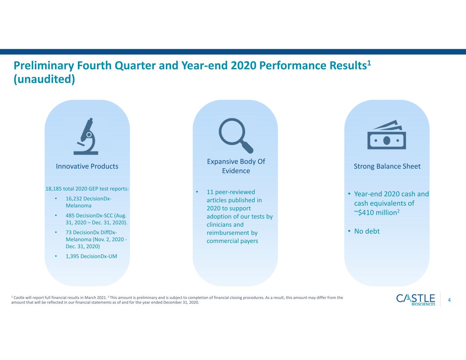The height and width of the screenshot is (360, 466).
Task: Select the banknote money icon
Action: pyautogui.click(x=387, y=134)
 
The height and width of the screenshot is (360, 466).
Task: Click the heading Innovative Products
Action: pyautogui.click(x=87, y=166)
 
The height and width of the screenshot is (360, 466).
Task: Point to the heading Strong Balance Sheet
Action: pyautogui.click(x=387, y=166)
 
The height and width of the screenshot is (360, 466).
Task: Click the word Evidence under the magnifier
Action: pyautogui.click(x=236, y=171)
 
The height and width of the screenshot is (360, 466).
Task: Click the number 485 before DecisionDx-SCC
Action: pyautogui.click(x=70, y=215)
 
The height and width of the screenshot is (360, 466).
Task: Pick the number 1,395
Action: pyautogui.click(x=72, y=256)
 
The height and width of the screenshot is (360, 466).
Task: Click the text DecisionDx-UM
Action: pyautogui.click(x=99, y=256)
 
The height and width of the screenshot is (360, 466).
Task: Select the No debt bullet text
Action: pyautogui.click(x=367, y=231)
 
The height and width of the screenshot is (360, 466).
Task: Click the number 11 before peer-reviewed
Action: pyautogui.click(x=210, y=192)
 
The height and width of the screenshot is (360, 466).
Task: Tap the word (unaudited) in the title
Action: pyautogui.click(x=44, y=79)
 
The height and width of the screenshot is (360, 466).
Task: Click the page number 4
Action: pyautogui.click(x=449, y=300)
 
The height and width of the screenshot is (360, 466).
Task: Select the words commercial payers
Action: pyautogui.click(x=232, y=241)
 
